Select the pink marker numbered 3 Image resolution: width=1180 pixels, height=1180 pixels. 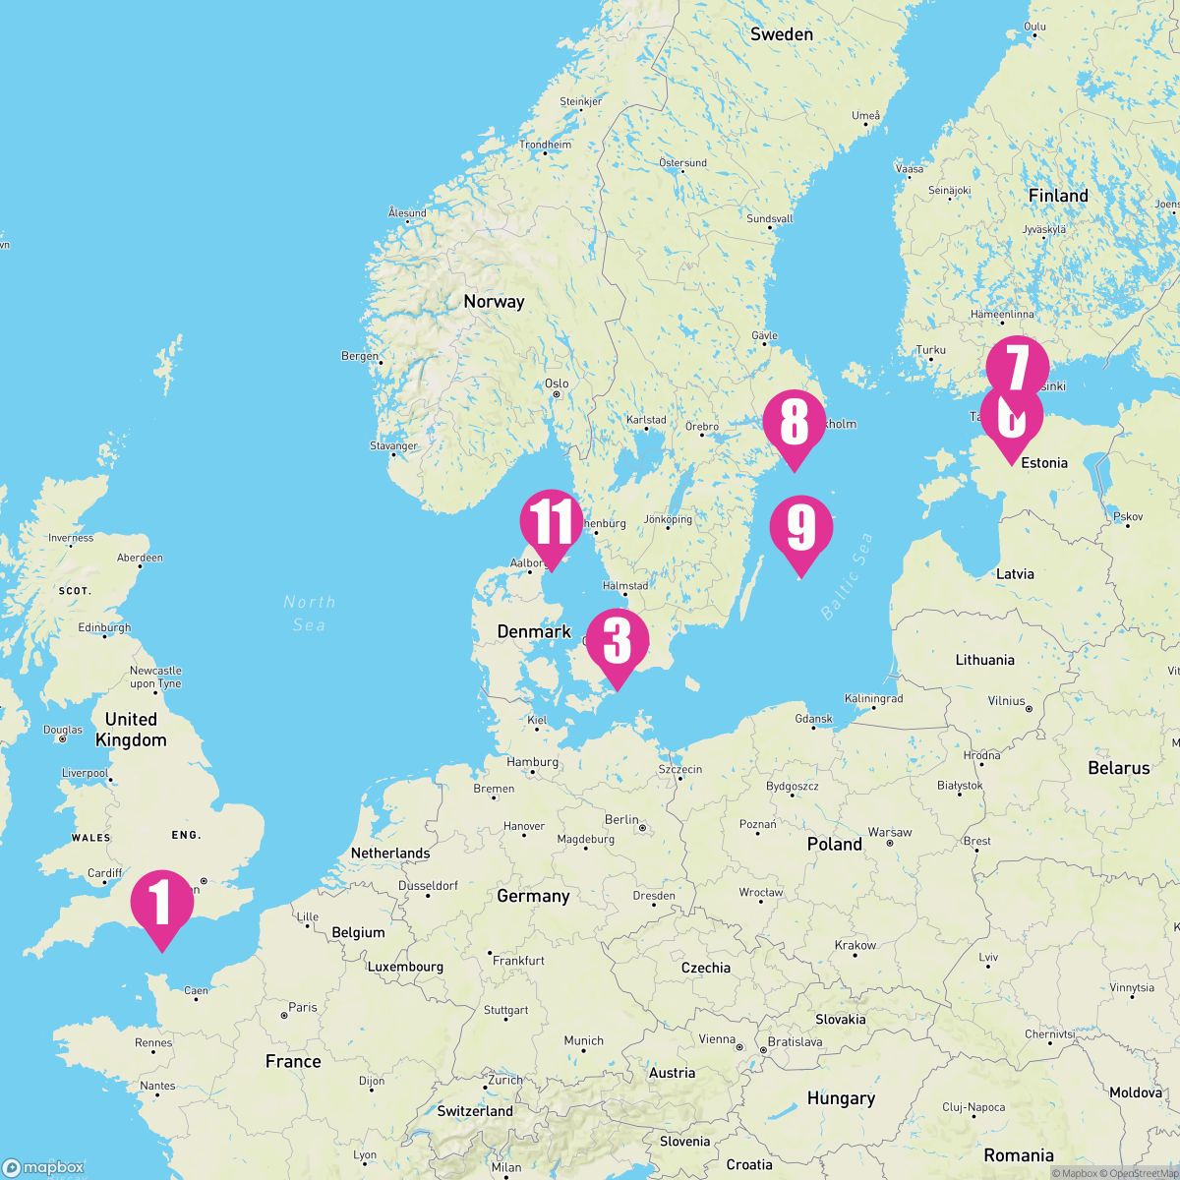[x=617, y=640]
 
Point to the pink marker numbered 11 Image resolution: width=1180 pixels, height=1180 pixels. [x=552, y=520]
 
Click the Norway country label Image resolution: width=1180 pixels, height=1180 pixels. [x=494, y=302]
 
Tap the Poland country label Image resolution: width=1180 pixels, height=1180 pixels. [x=834, y=844]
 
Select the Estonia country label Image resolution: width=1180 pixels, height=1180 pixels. [x=1044, y=462]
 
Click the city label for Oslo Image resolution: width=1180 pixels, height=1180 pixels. [x=557, y=383]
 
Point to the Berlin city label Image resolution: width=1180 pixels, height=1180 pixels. [x=621, y=819]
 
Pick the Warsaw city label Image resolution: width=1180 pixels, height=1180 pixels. [x=889, y=832]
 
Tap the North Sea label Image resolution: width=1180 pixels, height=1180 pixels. [x=309, y=613]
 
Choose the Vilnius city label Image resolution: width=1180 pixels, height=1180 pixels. [x=1006, y=701]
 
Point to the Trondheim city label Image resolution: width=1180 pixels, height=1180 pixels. [x=545, y=145]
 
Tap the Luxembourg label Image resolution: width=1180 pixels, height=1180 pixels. [x=406, y=967]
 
